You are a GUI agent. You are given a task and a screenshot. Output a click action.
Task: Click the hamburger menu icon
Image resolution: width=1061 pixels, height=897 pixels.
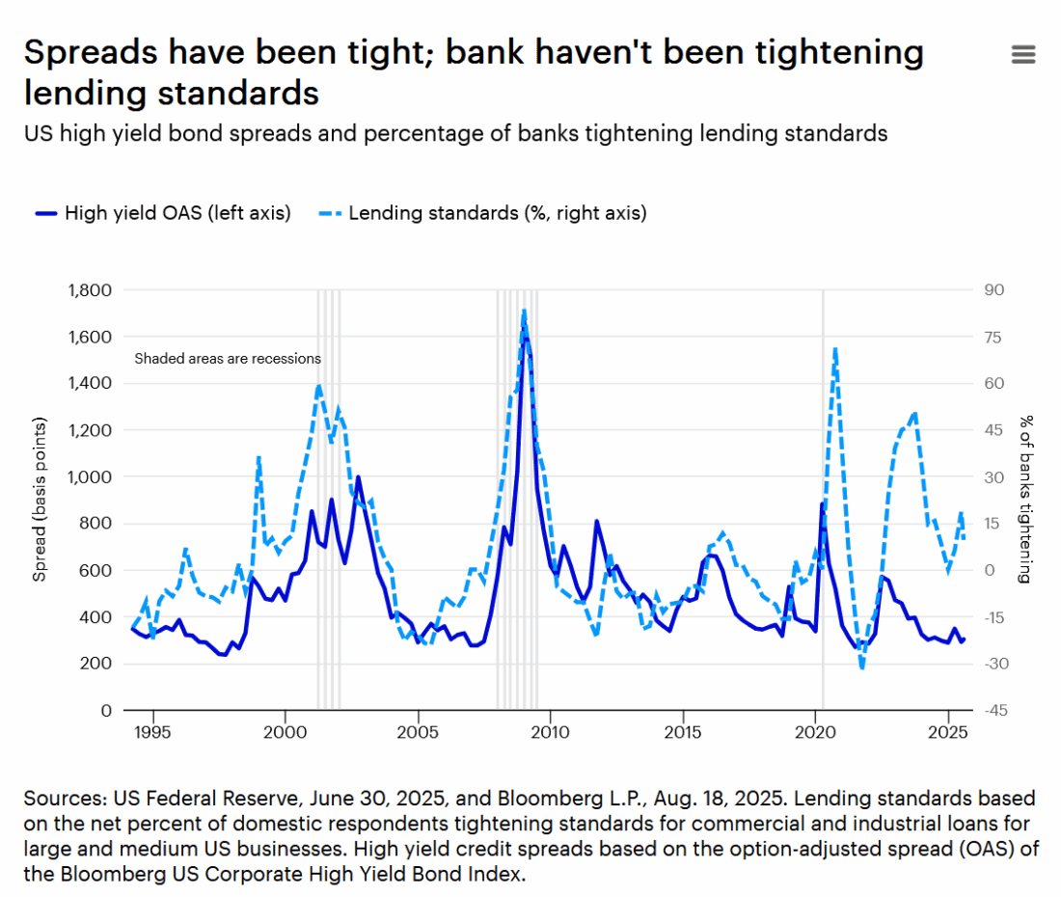[x=1022, y=55]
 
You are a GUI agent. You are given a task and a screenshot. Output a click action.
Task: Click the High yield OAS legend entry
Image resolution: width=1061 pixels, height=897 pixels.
[x=162, y=213]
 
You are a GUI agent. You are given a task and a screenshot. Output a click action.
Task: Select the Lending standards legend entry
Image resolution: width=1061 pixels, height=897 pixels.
[x=482, y=213]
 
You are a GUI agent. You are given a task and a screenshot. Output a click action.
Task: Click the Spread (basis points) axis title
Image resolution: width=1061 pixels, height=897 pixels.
[x=41, y=500]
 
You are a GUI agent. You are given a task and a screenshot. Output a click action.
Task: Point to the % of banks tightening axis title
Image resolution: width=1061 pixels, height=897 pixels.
[x=1026, y=500]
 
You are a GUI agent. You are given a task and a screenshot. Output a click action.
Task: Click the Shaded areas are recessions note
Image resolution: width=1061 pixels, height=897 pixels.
[x=228, y=359]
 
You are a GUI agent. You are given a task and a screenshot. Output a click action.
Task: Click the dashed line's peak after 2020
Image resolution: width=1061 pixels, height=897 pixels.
[x=834, y=349]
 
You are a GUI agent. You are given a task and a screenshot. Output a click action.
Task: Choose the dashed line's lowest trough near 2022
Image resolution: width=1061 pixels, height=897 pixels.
[x=861, y=667]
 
